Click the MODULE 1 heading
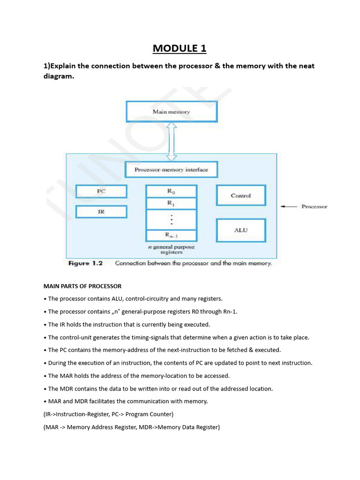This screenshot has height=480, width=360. coord(180,48)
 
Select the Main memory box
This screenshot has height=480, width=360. coord(172,112)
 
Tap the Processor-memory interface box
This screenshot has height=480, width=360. coord(171,170)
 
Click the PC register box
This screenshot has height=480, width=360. coord(101,191)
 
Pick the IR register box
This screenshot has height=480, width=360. coord(101,212)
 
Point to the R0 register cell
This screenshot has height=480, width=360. coord(171,191)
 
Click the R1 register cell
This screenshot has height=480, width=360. coord(171,203)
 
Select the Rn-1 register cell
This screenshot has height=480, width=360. coord(171,235)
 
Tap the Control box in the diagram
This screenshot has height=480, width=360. coord(240,195)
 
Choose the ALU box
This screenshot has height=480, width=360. coord(240,230)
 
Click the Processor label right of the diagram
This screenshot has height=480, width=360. coord(314,206)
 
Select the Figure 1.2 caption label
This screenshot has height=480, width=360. coord(85,263)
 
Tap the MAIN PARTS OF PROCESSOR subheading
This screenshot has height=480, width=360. coord(82,286)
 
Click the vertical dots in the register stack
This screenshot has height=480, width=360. coord(172,219)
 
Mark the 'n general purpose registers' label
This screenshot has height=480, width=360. coord(171,249)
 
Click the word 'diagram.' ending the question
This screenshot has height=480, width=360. coord(59,77)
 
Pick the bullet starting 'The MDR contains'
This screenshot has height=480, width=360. coord(160,389)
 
